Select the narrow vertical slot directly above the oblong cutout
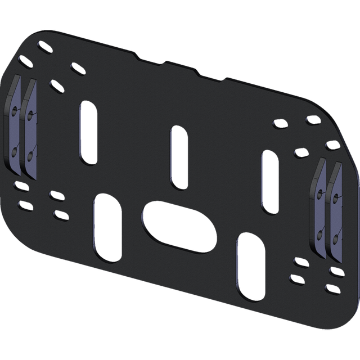click(178, 157)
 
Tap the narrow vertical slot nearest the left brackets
click(88, 133)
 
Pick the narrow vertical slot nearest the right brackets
click(269, 183)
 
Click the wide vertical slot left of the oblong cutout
click(107, 227)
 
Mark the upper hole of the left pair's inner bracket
click(29, 115)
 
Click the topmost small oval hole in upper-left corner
click(43, 48)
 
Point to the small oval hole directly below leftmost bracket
click(21, 185)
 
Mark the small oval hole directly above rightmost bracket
click(333, 146)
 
